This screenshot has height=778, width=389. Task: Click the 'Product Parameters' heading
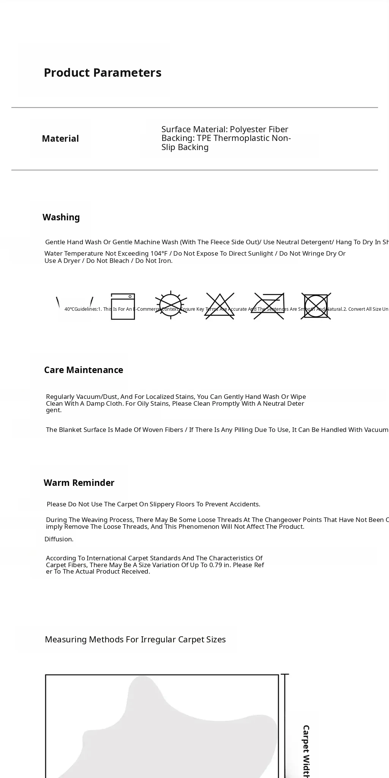(103, 73)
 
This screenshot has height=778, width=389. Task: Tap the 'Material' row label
(60, 139)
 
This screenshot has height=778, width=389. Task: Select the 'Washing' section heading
(61, 217)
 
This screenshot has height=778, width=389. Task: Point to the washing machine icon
(123, 306)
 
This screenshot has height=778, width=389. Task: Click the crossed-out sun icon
(171, 305)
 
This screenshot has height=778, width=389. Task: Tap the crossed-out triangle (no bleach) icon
(220, 306)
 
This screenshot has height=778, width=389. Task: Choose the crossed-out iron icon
(269, 306)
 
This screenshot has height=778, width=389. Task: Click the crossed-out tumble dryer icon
(316, 306)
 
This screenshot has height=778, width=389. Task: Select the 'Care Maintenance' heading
(84, 370)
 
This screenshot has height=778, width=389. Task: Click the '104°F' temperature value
(159, 253)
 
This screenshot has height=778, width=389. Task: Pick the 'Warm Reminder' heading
(79, 483)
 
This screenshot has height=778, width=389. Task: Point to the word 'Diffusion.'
(59, 539)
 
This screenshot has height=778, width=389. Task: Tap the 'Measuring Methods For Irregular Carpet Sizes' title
(135, 639)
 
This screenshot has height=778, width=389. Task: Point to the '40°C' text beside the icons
(70, 309)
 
